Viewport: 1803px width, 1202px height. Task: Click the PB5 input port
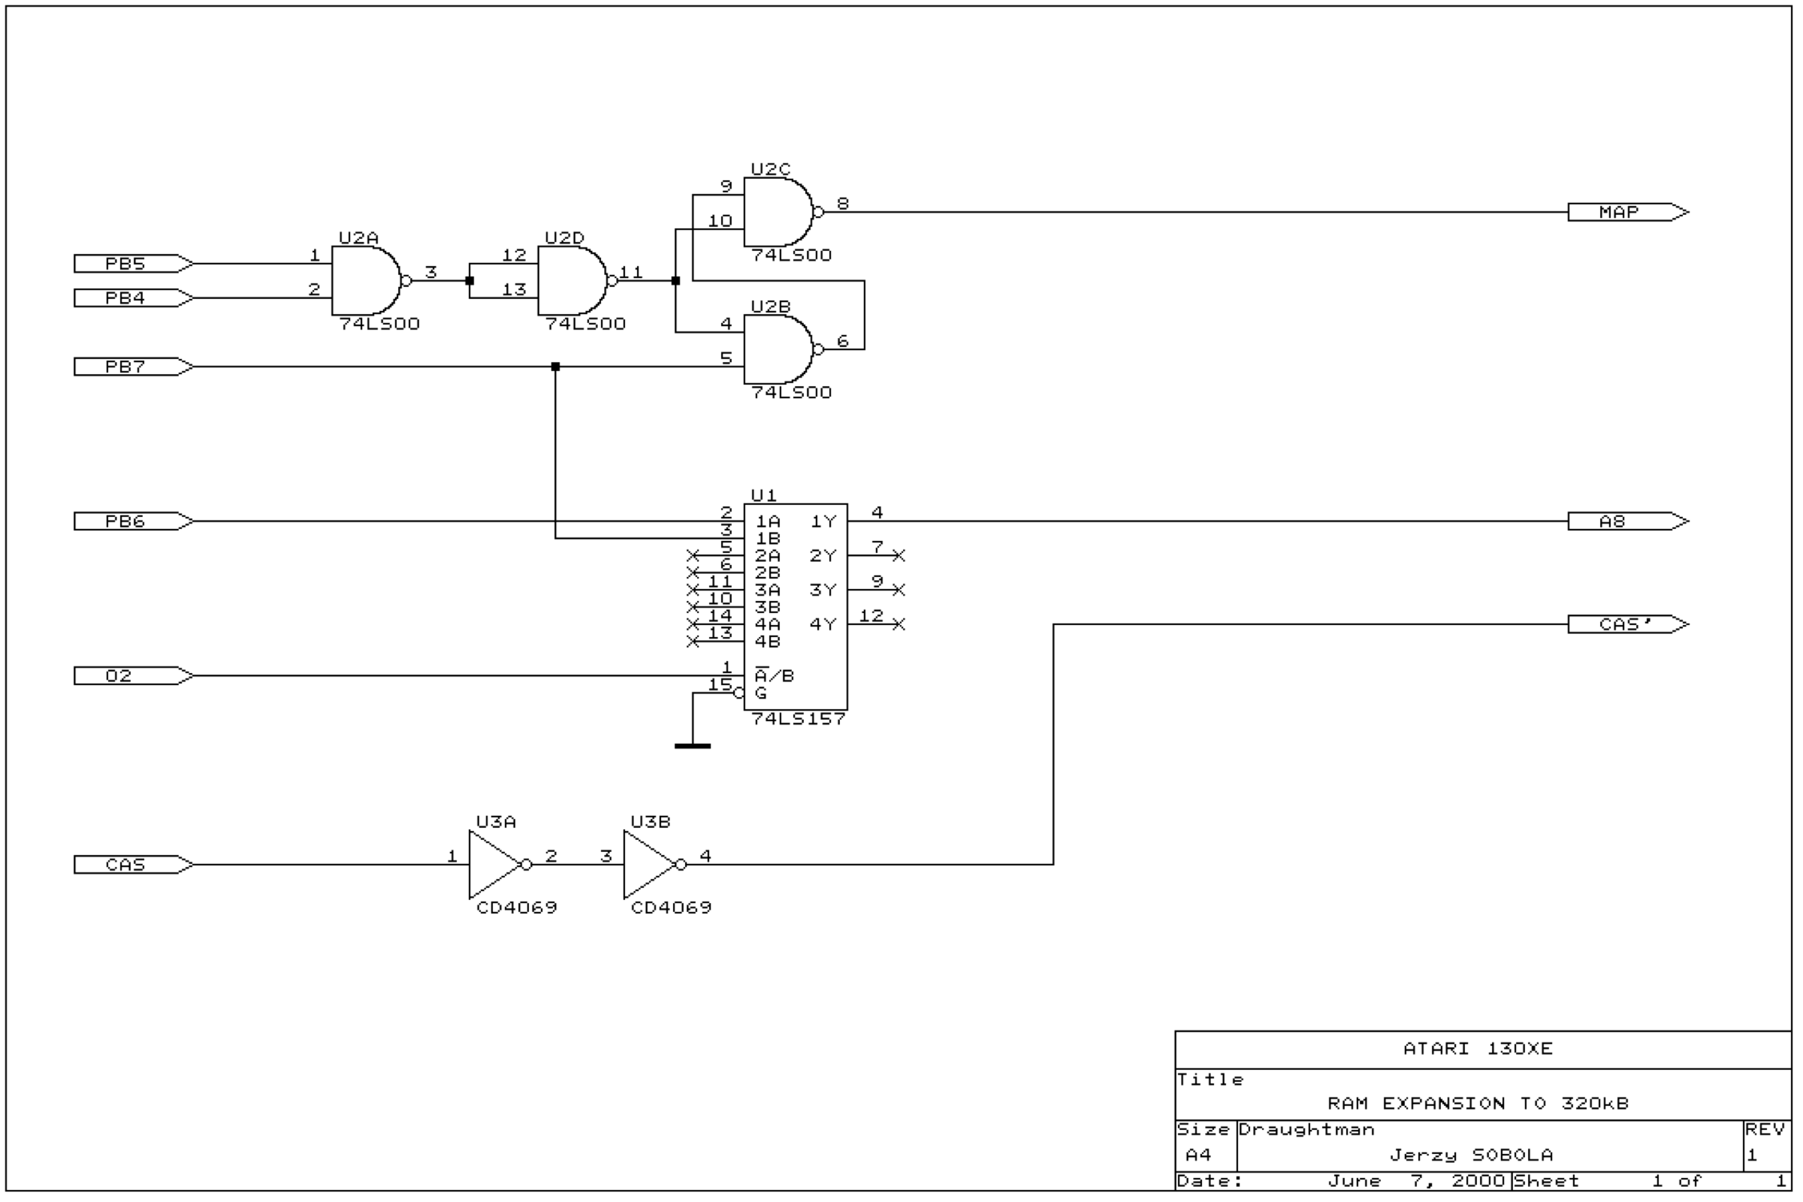(x=134, y=264)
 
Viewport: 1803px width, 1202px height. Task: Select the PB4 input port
(x=134, y=298)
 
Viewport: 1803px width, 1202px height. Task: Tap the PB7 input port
(x=134, y=367)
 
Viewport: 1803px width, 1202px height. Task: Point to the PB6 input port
(x=134, y=521)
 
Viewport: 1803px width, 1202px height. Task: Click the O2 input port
(x=134, y=676)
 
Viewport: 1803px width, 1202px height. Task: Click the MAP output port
(x=1628, y=213)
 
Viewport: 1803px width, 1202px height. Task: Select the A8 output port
(x=1628, y=521)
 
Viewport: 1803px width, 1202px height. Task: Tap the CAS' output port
(x=1628, y=625)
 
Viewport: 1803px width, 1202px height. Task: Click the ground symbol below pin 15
(x=693, y=746)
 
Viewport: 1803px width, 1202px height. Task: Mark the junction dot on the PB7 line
(x=556, y=367)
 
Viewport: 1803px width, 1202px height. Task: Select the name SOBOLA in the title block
(x=1512, y=1155)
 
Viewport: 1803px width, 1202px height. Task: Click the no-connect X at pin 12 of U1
(x=899, y=625)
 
